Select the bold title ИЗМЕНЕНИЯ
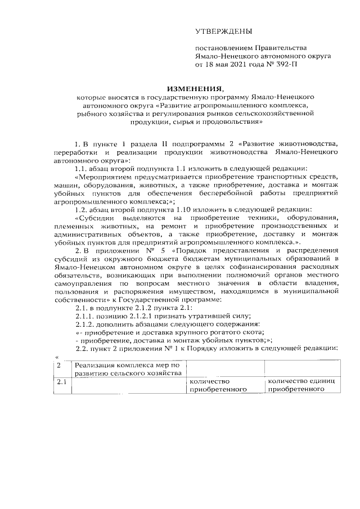click(194, 88)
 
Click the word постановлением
click(224, 48)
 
